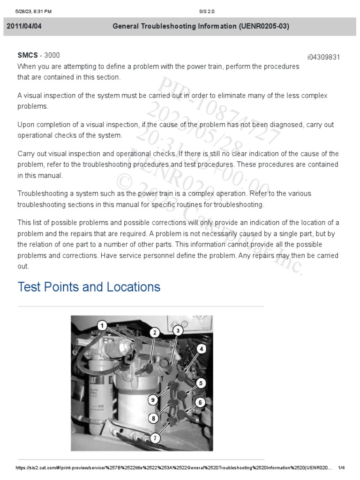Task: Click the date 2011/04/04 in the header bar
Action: (x=24, y=26)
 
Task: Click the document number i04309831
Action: (x=323, y=57)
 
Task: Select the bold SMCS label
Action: (x=28, y=55)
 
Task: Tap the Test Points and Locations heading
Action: (x=89, y=287)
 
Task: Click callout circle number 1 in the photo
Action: (x=103, y=325)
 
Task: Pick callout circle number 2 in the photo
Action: (x=154, y=332)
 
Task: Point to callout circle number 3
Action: (x=177, y=330)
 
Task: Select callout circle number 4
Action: (x=201, y=349)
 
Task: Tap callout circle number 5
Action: (x=201, y=383)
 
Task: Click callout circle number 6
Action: (x=200, y=402)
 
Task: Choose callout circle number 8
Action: (x=153, y=418)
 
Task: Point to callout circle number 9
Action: (x=153, y=399)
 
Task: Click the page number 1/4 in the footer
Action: (x=341, y=468)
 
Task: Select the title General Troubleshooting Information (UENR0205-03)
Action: (x=201, y=26)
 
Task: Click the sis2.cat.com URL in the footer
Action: (x=173, y=468)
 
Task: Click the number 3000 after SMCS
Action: (x=52, y=55)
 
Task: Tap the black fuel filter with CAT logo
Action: (x=97, y=384)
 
